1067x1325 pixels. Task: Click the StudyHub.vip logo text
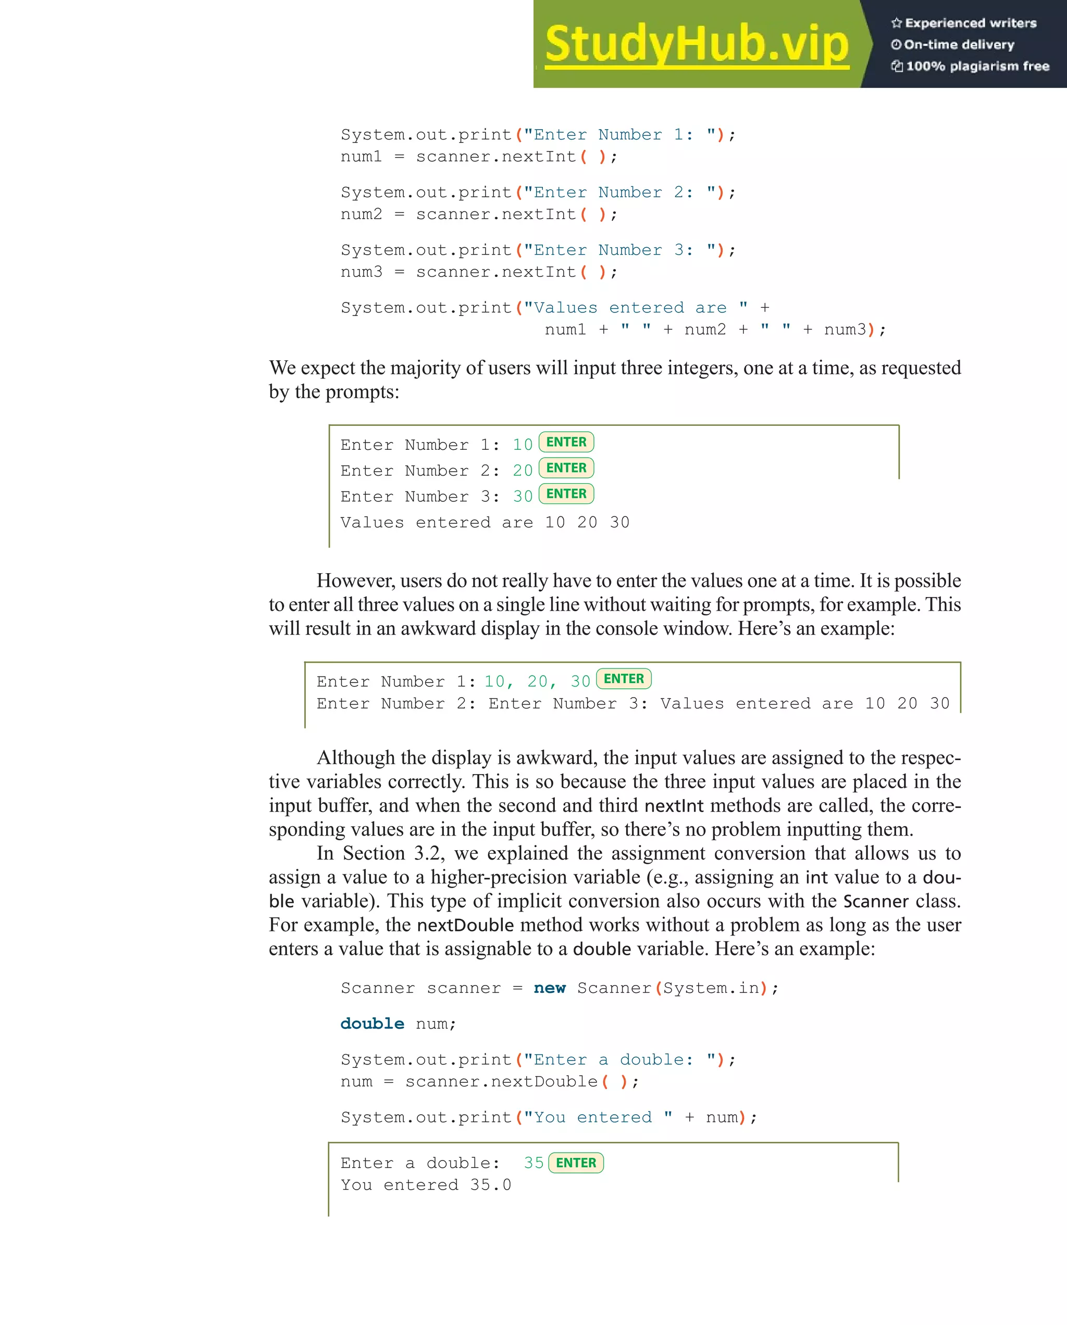click(x=696, y=44)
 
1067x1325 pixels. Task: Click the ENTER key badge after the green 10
click(x=566, y=443)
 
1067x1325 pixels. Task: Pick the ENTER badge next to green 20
click(x=566, y=468)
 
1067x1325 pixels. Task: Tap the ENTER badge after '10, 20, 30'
click(x=624, y=679)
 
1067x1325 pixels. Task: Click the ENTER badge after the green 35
click(x=576, y=1163)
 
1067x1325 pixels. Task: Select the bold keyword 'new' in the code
click(x=549, y=988)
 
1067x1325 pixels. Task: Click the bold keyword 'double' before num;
click(x=372, y=1024)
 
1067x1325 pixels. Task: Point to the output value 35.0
click(x=490, y=1185)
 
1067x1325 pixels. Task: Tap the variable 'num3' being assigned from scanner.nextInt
click(x=362, y=272)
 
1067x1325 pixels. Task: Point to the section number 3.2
click(x=429, y=854)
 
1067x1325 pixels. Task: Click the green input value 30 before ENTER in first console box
click(x=523, y=497)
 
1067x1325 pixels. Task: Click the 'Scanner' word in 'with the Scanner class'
click(x=876, y=902)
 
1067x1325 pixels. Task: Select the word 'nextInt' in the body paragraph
click(x=674, y=806)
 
